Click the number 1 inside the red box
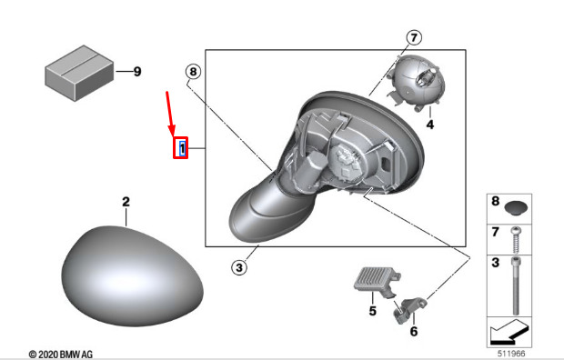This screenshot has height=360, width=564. click(x=182, y=148)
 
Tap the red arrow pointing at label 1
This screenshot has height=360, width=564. click(x=170, y=114)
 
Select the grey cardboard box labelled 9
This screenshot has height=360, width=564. click(x=79, y=73)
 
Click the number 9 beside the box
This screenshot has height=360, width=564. click(x=137, y=71)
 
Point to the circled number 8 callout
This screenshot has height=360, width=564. click(x=193, y=72)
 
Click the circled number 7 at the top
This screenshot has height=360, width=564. click(x=414, y=37)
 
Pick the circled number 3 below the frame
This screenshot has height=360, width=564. click(x=239, y=267)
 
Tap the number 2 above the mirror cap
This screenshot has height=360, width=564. click(x=126, y=202)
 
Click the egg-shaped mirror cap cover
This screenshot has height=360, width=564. click(x=132, y=275)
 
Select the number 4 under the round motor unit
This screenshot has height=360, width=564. click(x=430, y=125)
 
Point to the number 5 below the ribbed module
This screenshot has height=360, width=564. click(x=372, y=310)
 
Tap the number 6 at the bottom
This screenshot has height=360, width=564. click(x=414, y=331)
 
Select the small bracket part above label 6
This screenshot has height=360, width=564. click(x=408, y=310)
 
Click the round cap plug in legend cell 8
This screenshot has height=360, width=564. click(x=516, y=208)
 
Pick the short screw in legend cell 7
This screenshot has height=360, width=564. click(x=517, y=240)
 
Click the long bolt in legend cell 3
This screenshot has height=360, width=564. click(x=517, y=286)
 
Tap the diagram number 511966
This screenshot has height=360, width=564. click(x=511, y=354)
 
